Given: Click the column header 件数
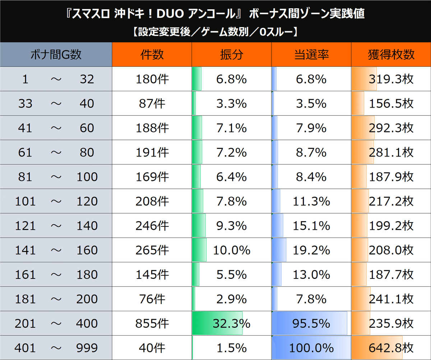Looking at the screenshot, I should pos(152,55).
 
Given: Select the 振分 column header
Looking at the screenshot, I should pos(231,55).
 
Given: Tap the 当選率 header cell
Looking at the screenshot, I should pos(311,55).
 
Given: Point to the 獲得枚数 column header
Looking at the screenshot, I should pos(391,55).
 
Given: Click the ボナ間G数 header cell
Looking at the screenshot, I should pos(56,55).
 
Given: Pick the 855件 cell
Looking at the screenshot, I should pos(152,323).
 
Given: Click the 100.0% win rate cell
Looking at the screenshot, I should pos(311,348).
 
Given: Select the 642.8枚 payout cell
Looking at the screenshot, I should pos(391,348).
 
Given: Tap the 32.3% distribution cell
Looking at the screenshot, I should pos(231,323).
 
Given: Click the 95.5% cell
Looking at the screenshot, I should pos(311,323).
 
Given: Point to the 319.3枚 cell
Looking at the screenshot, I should pos(391,79).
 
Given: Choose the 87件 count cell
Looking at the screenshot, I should pos(152,103).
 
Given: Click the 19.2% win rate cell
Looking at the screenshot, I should pos(311,250).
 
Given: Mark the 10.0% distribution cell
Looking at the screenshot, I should pos(231,250).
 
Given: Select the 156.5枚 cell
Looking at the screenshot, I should pos(391,103).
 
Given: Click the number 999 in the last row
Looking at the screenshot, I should pos(87,348).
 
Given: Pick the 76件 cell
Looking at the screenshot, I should pos(152,299).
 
